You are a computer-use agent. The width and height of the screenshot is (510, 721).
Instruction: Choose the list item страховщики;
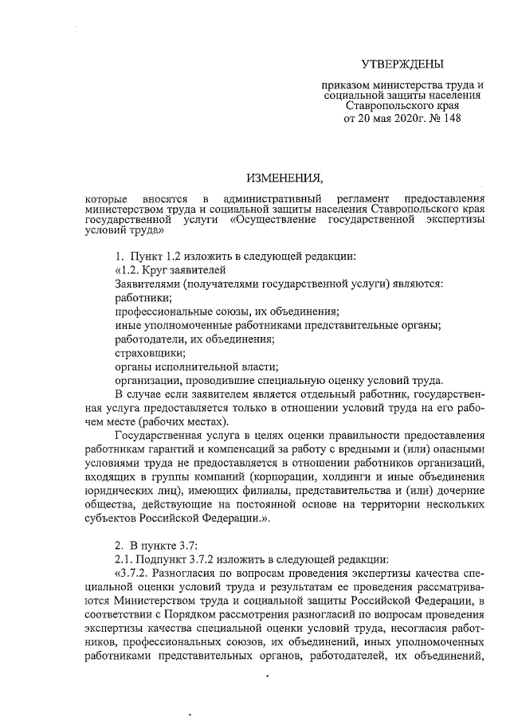(149, 352)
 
